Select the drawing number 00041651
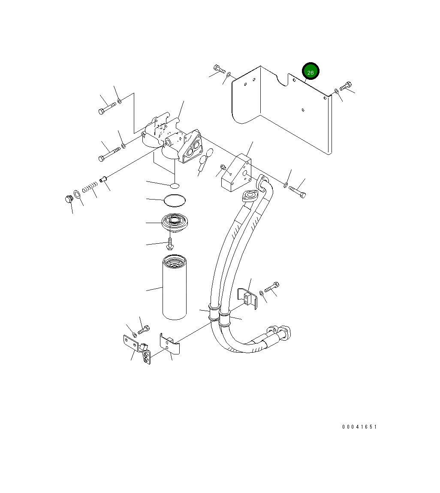(x=359, y=426)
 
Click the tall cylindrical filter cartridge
(x=175, y=287)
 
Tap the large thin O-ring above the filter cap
(x=175, y=201)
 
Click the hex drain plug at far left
(x=69, y=199)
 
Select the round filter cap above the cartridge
(x=175, y=222)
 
